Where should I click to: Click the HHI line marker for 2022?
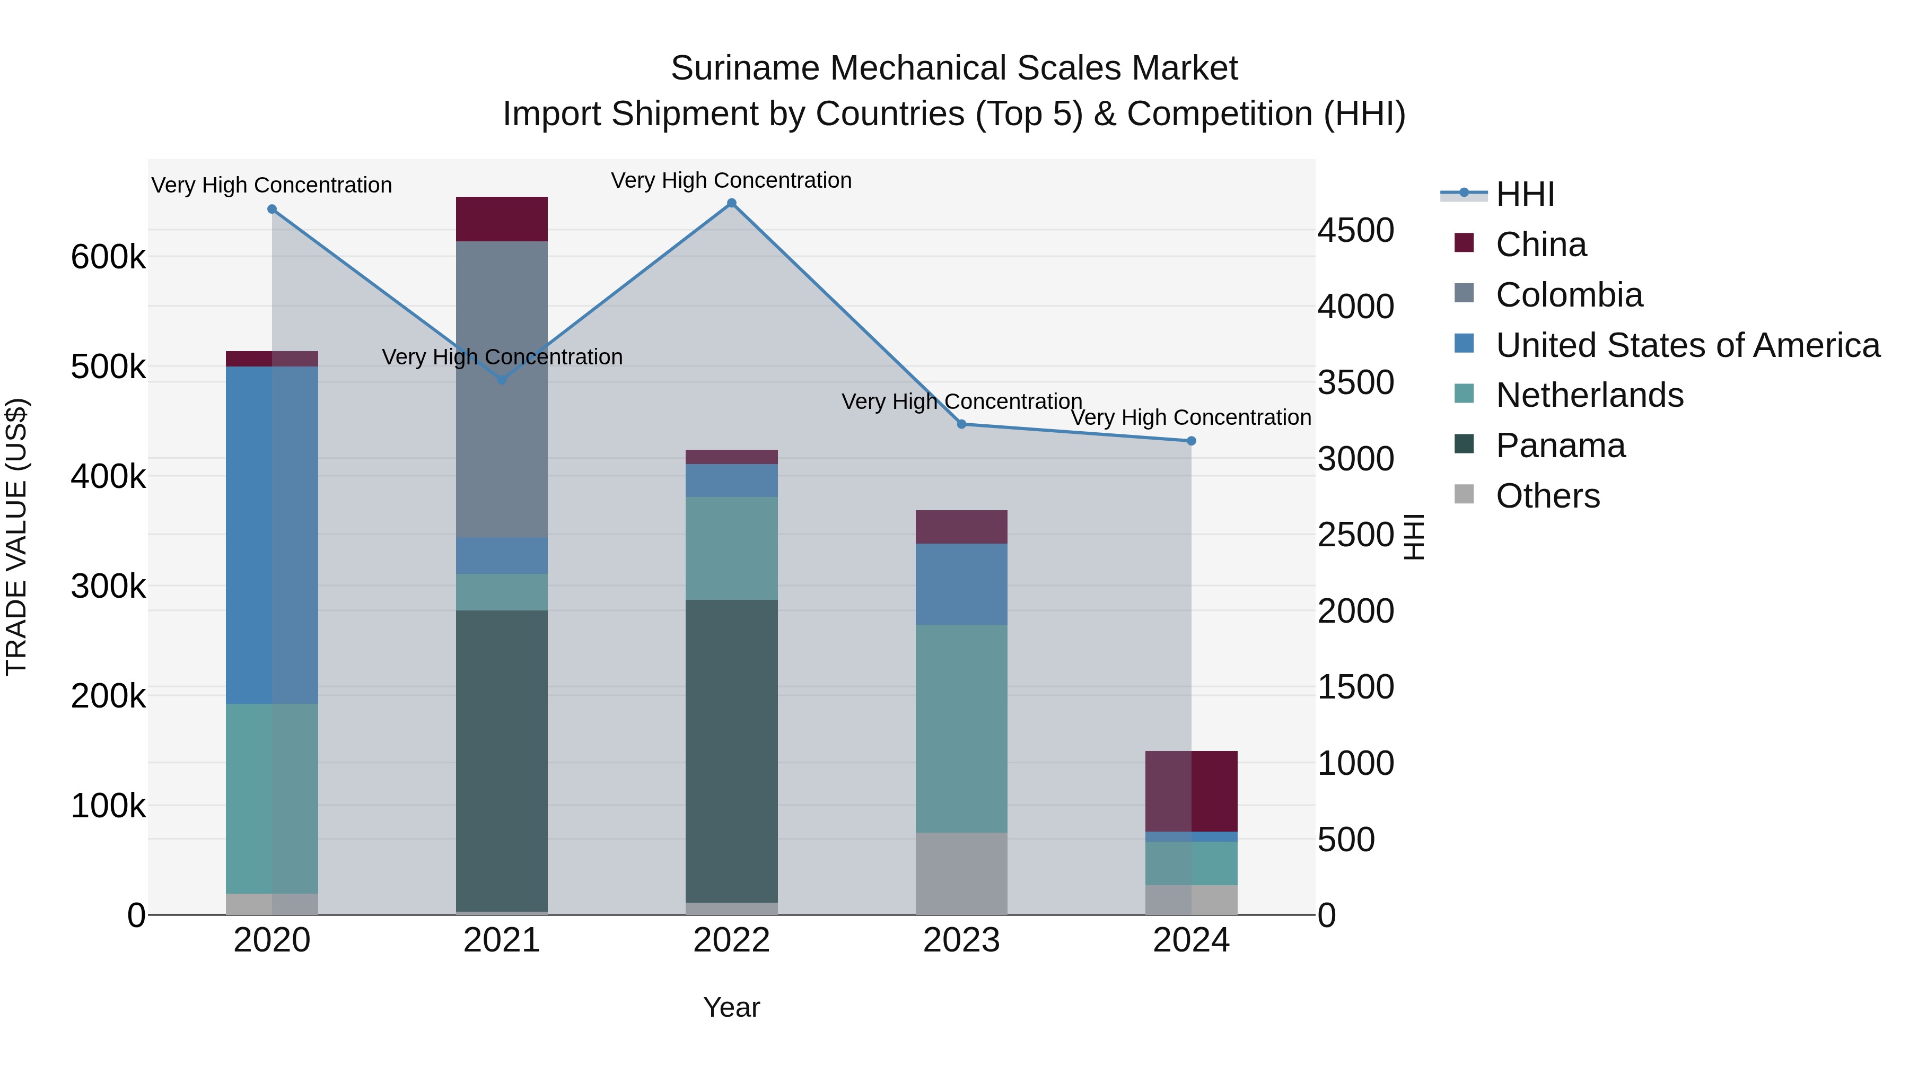coord(731,203)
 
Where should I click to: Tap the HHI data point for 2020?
coord(272,209)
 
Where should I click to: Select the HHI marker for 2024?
coord(1191,441)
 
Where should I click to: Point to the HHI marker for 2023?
coord(961,424)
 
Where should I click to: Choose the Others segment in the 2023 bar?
coord(961,873)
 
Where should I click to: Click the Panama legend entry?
coord(1560,446)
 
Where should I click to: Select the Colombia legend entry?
coord(1569,295)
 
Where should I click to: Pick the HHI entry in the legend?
coord(1525,194)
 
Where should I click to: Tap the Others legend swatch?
coord(1464,494)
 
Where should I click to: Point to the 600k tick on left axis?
coord(108,257)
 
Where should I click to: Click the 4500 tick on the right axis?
coord(1355,230)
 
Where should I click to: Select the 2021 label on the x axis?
coord(502,940)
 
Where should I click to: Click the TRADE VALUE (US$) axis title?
coord(16,537)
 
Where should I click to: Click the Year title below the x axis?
coord(731,1007)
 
